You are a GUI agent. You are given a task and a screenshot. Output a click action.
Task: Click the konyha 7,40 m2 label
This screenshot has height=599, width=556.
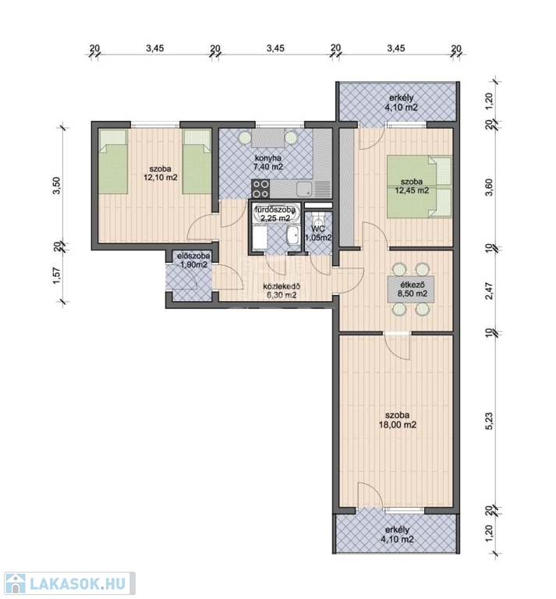pyautogui.click(x=268, y=162)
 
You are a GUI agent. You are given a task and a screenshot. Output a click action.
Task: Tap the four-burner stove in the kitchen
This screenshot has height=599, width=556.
pyautogui.click(x=260, y=189)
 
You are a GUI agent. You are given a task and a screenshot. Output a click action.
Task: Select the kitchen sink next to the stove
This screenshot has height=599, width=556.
pyautogui.click(x=304, y=189)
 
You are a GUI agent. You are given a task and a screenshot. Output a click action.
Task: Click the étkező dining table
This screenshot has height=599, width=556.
pyautogui.click(x=410, y=289)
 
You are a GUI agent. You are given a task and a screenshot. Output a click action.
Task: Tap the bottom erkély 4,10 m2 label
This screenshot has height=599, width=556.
pyautogui.click(x=397, y=534)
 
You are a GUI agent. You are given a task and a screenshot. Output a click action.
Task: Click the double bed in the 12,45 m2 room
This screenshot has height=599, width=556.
pyautogui.click(x=420, y=186)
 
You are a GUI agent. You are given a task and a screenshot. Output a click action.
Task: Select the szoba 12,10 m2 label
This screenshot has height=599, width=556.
pyautogui.click(x=161, y=172)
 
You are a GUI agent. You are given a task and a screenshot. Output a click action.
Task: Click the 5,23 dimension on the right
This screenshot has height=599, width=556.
pyautogui.click(x=489, y=421)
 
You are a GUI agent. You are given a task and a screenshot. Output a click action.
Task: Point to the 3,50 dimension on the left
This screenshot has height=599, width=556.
pyautogui.click(x=56, y=186)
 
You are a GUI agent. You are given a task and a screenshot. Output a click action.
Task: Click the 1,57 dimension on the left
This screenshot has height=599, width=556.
pyautogui.click(x=57, y=276)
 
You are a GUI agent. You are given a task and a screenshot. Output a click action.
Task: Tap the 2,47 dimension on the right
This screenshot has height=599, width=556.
pyautogui.click(x=489, y=291)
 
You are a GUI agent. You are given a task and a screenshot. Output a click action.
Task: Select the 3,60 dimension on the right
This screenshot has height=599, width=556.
pyautogui.click(x=489, y=187)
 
